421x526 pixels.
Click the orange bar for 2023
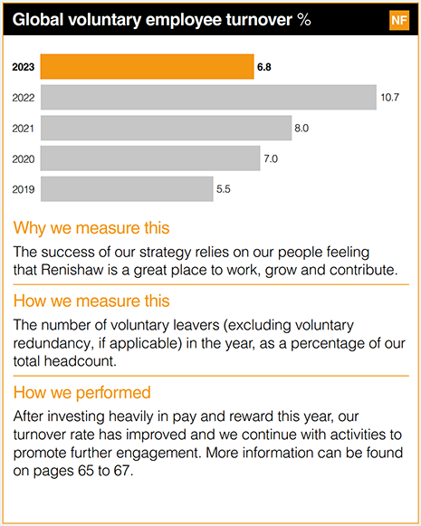tap(147, 67)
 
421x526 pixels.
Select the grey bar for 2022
tap(208, 97)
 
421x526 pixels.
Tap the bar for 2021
tap(166, 128)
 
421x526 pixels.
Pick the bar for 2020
tap(150, 158)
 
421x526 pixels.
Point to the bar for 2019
tap(127, 189)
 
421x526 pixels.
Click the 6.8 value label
tap(265, 67)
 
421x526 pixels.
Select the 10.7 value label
tap(390, 97)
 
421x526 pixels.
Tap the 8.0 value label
tap(301, 128)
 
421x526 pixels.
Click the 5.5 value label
tap(225, 189)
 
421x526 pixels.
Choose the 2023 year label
tap(23, 67)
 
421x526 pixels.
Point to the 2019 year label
tap(23, 189)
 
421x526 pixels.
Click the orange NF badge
tap(398, 21)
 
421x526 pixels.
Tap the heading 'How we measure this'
tap(91, 300)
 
